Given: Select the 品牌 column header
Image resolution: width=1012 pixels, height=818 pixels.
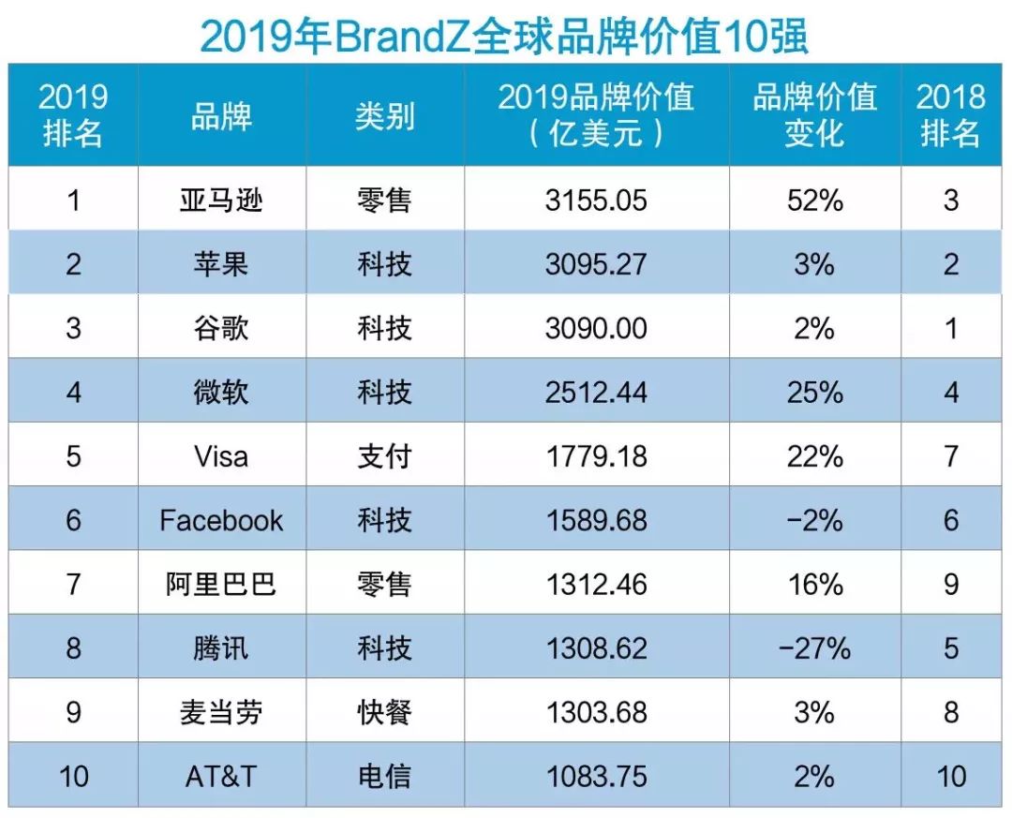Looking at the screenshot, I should tap(221, 116).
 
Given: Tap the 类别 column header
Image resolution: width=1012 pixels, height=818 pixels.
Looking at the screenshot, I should tap(384, 116).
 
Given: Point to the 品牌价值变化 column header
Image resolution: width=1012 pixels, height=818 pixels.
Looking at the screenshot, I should tap(814, 115).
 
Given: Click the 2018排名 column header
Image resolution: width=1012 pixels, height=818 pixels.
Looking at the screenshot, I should tap(950, 115).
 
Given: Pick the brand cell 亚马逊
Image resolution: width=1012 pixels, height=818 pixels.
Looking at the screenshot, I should tap(221, 201).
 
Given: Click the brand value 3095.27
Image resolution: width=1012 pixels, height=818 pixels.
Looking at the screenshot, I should tap(596, 264).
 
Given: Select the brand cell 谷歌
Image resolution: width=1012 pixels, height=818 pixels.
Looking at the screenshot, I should tap(221, 328).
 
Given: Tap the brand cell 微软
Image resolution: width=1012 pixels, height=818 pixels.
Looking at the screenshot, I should tap(221, 392).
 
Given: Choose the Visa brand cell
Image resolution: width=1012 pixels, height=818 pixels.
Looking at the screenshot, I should tap(221, 456).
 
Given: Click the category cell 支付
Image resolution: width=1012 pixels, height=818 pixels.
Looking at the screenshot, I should tap(384, 456).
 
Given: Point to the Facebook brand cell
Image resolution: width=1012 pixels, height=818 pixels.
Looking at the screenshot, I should tap(221, 520).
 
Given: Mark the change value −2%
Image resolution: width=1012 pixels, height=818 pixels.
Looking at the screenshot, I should tap(814, 520).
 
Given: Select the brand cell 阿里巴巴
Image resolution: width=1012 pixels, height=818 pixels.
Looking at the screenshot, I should tap(221, 584).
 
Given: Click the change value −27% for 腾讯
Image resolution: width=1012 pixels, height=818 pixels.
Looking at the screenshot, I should tap(814, 647).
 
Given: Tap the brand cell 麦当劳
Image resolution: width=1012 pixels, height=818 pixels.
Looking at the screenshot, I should tap(221, 712).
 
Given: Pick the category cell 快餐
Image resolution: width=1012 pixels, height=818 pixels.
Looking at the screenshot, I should tap(384, 712).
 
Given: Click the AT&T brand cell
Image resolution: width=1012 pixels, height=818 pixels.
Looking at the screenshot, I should tap(221, 776).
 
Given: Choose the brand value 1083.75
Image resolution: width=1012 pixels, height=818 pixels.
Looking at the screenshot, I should tap(596, 776).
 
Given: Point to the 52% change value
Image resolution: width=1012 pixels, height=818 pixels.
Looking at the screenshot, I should tap(814, 201).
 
